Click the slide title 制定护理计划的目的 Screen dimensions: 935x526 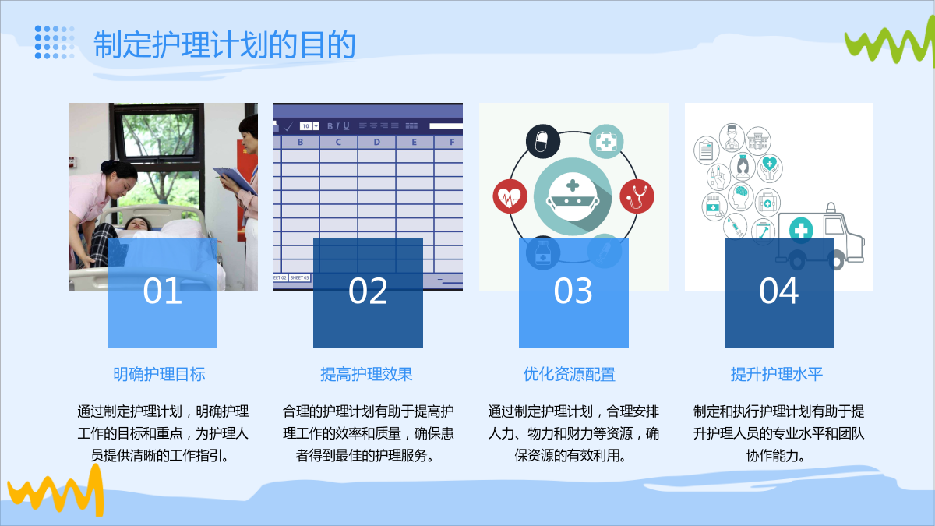point(224,44)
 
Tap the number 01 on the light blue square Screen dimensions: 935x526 point(162,291)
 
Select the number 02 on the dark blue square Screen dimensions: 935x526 point(368,291)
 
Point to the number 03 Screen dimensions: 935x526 point(573,291)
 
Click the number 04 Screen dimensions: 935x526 point(779,291)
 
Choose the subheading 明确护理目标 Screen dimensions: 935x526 point(160,374)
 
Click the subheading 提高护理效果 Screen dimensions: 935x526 point(366,374)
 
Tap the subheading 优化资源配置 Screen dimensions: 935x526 point(570,374)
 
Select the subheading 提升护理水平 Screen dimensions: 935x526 point(776,374)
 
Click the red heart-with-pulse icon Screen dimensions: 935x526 point(510,196)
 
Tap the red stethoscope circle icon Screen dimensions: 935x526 point(637,196)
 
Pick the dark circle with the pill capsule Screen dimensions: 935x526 point(542,141)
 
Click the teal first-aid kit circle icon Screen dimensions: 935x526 point(606,141)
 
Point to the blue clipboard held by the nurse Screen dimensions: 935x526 point(235,179)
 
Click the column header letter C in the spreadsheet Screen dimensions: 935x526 point(338,142)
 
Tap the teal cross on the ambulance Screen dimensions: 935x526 point(801,230)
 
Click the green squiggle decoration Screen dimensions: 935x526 point(890,43)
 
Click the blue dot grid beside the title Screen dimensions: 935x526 point(55,42)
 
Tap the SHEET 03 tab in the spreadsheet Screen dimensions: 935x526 point(300,277)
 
